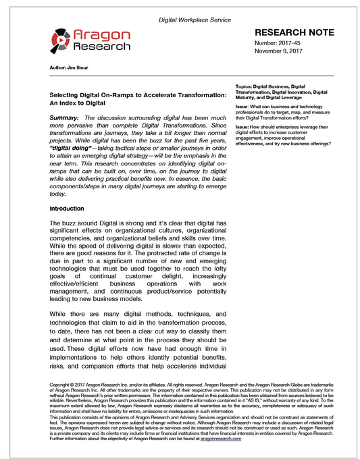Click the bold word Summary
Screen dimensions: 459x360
click(65, 117)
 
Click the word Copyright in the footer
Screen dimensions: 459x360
click(63, 384)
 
